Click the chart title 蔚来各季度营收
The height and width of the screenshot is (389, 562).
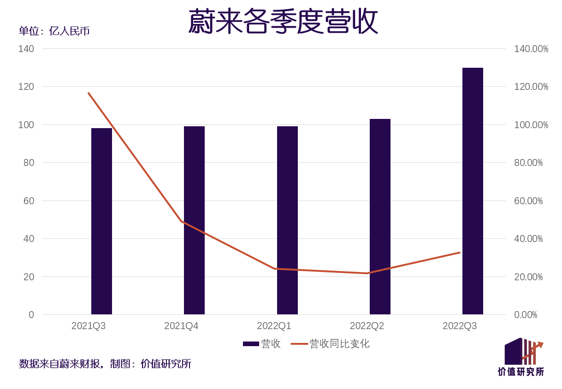tap(283, 22)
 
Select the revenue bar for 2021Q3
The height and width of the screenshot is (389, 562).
tap(101, 221)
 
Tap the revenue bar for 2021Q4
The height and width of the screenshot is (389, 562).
tap(194, 220)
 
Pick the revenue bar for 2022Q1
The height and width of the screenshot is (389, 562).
tap(287, 220)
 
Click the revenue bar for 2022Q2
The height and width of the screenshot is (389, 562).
tap(380, 217)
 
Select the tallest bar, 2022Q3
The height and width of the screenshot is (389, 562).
tap(473, 191)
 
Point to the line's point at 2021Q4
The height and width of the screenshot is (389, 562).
tap(181, 221)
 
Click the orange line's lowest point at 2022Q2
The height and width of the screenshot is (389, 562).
tap(367, 273)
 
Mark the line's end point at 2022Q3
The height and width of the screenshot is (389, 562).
tap(459, 253)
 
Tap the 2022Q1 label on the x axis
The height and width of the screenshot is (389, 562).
tap(274, 326)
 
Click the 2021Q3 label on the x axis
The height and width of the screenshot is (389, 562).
tap(89, 326)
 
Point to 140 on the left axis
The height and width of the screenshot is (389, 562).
tap(26, 49)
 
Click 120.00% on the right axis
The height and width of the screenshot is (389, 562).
tap(531, 87)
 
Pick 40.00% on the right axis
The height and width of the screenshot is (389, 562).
tap(528, 239)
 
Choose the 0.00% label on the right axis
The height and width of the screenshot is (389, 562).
tap(526, 315)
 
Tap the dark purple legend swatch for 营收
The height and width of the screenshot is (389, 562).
tap(251, 344)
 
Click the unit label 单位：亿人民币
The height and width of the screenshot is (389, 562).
tap(54, 31)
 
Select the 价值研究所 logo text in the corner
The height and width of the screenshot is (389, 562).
tap(521, 371)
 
